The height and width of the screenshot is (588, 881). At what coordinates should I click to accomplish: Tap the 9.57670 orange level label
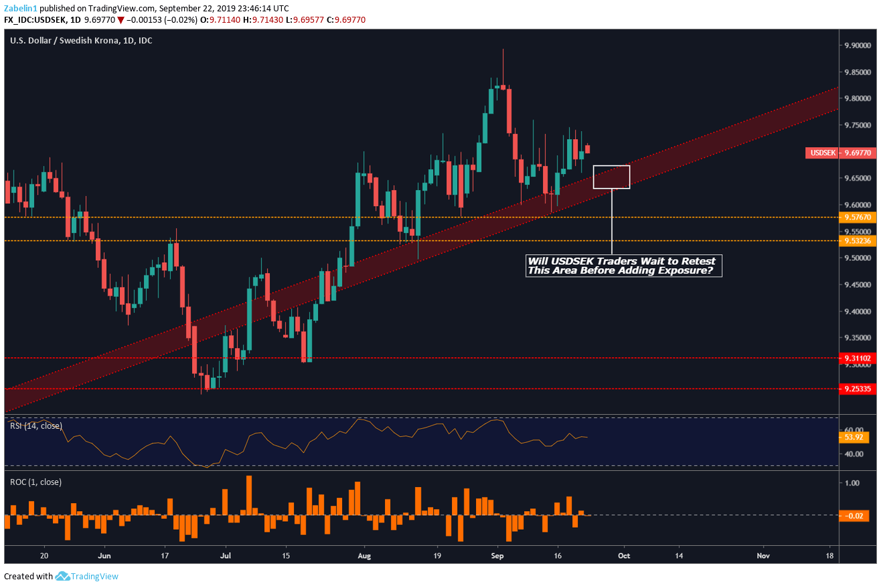(x=857, y=217)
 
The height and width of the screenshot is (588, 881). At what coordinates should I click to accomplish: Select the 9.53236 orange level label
(x=857, y=241)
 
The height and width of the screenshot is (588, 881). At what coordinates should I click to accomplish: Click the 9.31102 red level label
(x=857, y=358)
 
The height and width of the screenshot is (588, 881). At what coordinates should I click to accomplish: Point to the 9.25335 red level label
(x=857, y=389)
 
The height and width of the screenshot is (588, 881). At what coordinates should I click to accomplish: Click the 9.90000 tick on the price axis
(x=857, y=45)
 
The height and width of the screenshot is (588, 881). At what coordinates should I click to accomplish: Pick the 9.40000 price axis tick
(x=857, y=312)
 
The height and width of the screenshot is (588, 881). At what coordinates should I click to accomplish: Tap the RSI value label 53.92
(x=854, y=437)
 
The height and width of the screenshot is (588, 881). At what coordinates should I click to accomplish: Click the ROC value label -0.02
(x=854, y=516)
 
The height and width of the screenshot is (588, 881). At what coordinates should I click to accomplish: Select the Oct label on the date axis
(x=624, y=555)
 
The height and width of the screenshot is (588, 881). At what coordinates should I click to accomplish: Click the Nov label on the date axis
(x=762, y=555)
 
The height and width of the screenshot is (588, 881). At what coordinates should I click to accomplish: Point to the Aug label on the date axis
(x=364, y=555)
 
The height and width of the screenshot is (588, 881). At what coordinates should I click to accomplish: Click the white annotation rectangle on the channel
(x=611, y=177)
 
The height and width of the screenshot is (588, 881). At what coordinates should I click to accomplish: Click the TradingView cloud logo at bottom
(x=63, y=576)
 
